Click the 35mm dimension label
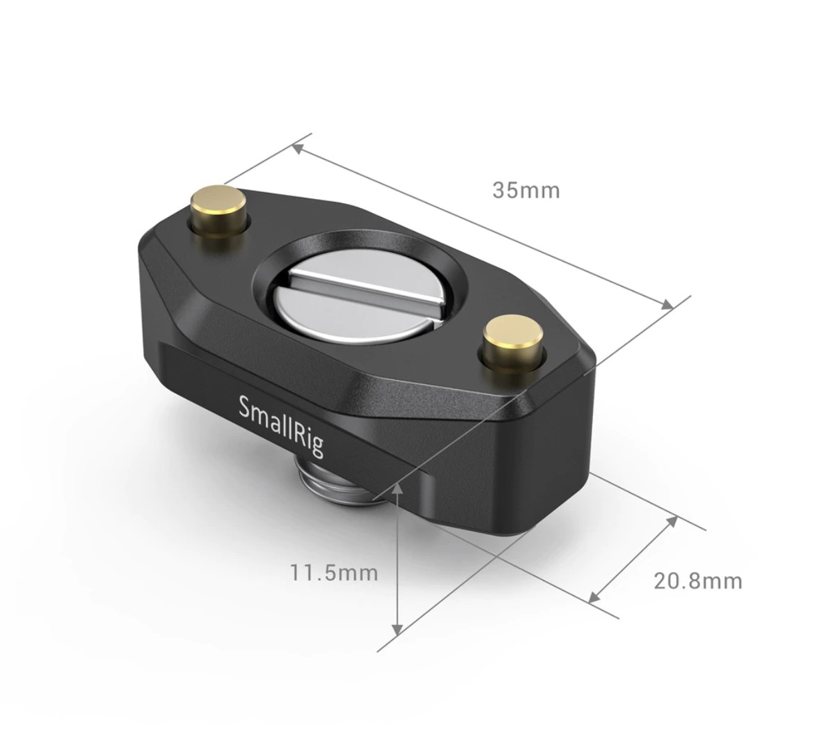click(x=526, y=190)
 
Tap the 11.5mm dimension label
click(x=334, y=573)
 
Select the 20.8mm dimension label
click(x=698, y=581)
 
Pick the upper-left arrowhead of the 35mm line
click(x=298, y=149)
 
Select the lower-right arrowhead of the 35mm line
click(x=667, y=305)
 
